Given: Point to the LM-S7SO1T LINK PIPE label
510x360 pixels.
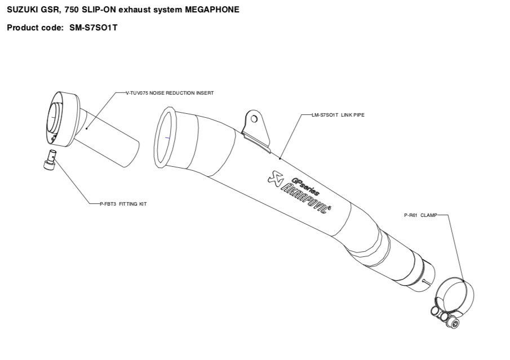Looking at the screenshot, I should tap(338, 115).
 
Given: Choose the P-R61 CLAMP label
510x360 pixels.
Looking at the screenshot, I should tap(417, 215).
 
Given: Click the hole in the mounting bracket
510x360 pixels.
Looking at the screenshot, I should tap(254, 119).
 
